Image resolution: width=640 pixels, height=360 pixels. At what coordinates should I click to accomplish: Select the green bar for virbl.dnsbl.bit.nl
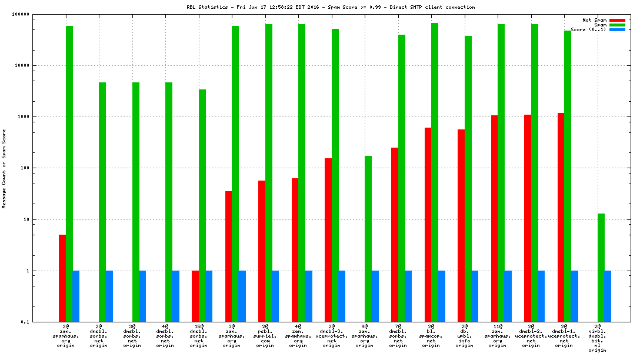pyautogui.click(x=601, y=268)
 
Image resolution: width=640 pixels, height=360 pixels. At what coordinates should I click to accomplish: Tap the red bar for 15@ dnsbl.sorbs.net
pyautogui.click(x=195, y=296)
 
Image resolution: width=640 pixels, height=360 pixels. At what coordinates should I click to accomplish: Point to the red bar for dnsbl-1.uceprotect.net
pyautogui.click(x=561, y=217)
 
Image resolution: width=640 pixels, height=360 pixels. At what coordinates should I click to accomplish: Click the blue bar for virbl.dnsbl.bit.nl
pyautogui.click(x=608, y=296)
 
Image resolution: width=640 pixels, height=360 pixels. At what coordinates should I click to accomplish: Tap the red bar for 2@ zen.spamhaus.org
pyautogui.click(x=62, y=278)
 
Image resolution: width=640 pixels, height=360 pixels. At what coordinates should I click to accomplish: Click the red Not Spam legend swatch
pyautogui.click(x=617, y=20)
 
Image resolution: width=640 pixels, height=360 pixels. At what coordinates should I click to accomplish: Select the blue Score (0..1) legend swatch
pyautogui.click(x=617, y=29)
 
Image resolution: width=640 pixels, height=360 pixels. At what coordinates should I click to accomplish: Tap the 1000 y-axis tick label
pyautogui.click(x=24, y=117)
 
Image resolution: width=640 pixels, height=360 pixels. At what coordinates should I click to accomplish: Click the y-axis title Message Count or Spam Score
pyautogui.click(x=4, y=169)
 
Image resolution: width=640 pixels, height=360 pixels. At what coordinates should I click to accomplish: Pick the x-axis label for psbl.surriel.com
pyautogui.click(x=265, y=335)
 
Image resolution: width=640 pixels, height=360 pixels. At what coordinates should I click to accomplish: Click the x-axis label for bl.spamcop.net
pyautogui.click(x=431, y=335)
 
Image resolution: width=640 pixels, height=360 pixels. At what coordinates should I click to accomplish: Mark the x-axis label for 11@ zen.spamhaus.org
pyautogui.click(x=498, y=335)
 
